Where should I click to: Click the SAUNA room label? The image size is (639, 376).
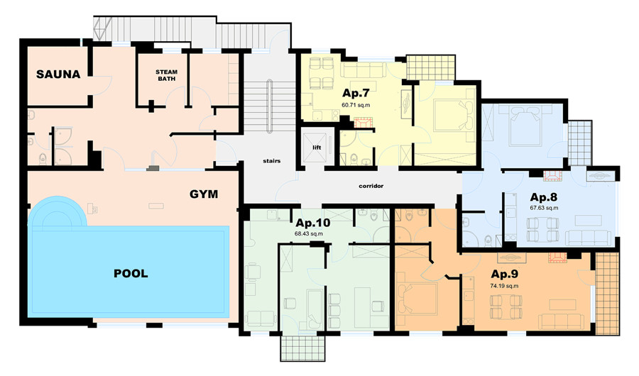[58, 74]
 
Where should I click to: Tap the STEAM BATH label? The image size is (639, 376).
[166, 75]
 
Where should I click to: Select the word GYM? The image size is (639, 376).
[204, 194]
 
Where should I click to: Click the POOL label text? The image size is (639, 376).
[131, 273]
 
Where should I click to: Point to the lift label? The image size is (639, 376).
[317, 148]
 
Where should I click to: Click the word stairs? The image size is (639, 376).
[272, 161]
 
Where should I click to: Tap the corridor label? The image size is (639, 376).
[371, 186]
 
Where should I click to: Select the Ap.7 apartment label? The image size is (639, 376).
[356, 93]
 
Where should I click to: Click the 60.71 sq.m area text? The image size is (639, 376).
[356, 105]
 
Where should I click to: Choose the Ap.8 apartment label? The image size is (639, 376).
[544, 197]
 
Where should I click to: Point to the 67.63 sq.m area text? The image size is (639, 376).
[544, 208]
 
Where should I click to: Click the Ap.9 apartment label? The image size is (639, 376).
[505, 274]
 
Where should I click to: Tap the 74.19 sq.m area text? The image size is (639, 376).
[505, 286]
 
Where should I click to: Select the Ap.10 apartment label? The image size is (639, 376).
[313, 223]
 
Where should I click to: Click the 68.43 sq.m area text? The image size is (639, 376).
[309, 234]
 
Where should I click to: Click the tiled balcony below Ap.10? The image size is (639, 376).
[302, 348]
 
